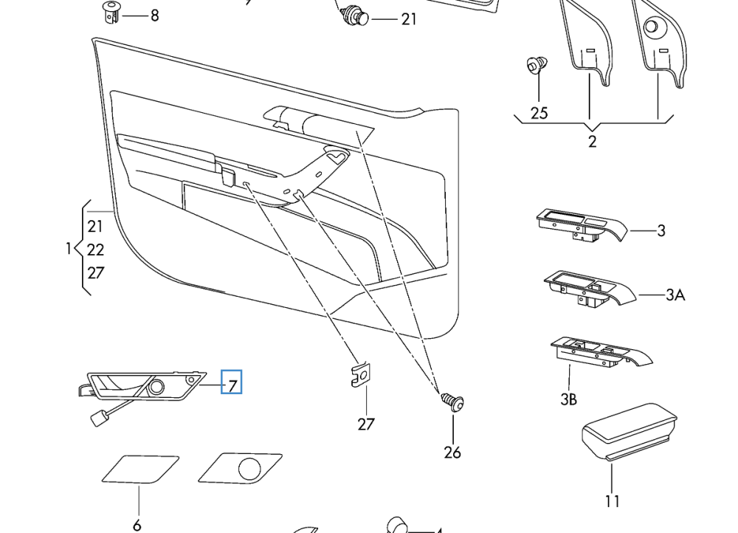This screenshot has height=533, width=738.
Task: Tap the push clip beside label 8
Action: pyautogui.click(x=111, y=12)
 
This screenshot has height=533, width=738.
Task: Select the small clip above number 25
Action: pyautogui.click(x=537, y=66)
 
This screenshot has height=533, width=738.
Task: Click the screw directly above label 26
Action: pyautogui.click(x=452, y=402)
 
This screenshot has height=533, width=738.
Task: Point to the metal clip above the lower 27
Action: pyautogui.click(x=360, y=376)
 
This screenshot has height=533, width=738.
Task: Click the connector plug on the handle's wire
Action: pyautogui.click(x=98, y=419)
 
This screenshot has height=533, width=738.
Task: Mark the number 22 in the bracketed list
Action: pyautogui.click(x=95, y=250)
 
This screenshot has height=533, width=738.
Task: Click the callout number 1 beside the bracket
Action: pyautogui.click(x=69, y=250)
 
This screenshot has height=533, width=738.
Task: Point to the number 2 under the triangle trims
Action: pyautogui.click(x=592, y=142)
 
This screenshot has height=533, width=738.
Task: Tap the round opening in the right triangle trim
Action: pyautogui.click(x=652, y=27)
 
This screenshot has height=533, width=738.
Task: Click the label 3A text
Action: pyautogui.click(x=675, y=295)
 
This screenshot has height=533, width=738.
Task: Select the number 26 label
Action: pyautogui.click(x=452, y=452)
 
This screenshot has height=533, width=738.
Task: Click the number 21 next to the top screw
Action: pyautogui.click(x=409, y=19)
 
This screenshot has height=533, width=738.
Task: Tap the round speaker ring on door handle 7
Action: pyautogui.click(x=156, y=386)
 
